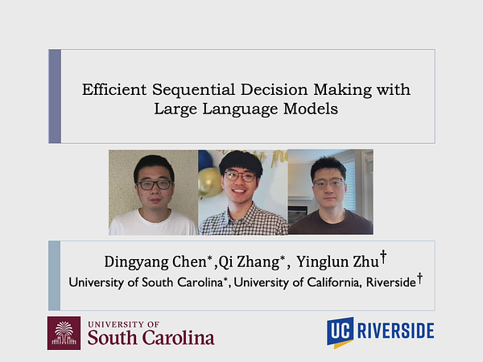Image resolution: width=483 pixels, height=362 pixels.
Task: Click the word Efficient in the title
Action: tap(114, 89)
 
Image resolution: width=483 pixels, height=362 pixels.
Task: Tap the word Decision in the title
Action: tap(275, 89)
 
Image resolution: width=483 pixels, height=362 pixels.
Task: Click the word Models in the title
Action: tap(311, 109)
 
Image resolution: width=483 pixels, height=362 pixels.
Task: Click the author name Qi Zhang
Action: tap(249, 262)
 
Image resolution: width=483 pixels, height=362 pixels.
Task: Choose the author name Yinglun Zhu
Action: tap(337, 262)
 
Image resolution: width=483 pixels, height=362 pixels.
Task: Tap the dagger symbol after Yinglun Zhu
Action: tap(383, 257)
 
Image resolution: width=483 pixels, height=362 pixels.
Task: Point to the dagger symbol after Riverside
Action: tap(419, 278)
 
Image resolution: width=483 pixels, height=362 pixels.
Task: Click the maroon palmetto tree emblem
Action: tap(64, 333)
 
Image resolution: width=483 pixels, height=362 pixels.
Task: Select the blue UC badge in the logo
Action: tap(340, 332)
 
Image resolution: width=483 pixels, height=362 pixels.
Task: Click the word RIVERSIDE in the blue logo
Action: tap(396, 331)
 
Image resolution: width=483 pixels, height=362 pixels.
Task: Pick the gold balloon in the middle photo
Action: tap(209, 183)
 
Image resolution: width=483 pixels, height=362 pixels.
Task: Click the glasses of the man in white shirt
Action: tap(155, 185)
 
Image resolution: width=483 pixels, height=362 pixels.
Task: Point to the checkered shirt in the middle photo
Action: tap(243, 220)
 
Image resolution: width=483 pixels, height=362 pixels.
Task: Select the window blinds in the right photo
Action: tap(349, 186)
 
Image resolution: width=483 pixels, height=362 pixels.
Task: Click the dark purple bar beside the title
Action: tap(55, 97)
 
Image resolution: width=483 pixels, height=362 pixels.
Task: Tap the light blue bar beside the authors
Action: tap(55, 275)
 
